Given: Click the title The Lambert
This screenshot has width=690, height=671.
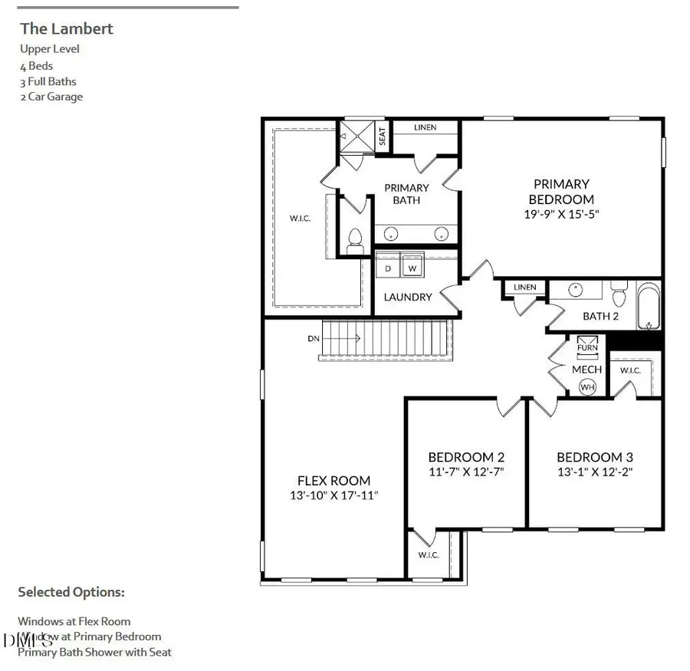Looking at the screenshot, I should (x=67, y=29).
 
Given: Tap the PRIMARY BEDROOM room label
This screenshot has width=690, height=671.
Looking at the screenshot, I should (x=561, y=192).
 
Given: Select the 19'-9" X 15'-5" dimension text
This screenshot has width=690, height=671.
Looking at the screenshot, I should (x=561, y=215).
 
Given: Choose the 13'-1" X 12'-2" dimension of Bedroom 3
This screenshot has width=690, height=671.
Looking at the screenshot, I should (x=595, y=472).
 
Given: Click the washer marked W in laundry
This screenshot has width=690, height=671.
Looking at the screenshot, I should (x=412, y=268).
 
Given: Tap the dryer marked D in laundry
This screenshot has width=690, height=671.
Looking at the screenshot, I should (x=388, y=268).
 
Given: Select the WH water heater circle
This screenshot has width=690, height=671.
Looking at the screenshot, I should (x=588, y=387).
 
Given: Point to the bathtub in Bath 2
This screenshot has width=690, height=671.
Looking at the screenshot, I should (x=649, y=308).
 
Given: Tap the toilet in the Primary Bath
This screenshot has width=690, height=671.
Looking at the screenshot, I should (x=355, y=239).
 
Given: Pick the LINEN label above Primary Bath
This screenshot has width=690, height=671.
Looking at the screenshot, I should (x=425, y=127).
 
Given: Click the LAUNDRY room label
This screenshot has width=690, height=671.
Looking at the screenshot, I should (x=408, y=298).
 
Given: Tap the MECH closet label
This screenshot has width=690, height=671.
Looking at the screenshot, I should (x=587, y=370).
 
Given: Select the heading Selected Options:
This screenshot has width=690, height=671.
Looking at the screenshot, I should (x=71, y=592).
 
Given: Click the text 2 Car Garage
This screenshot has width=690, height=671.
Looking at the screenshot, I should (x=51, y=97).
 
